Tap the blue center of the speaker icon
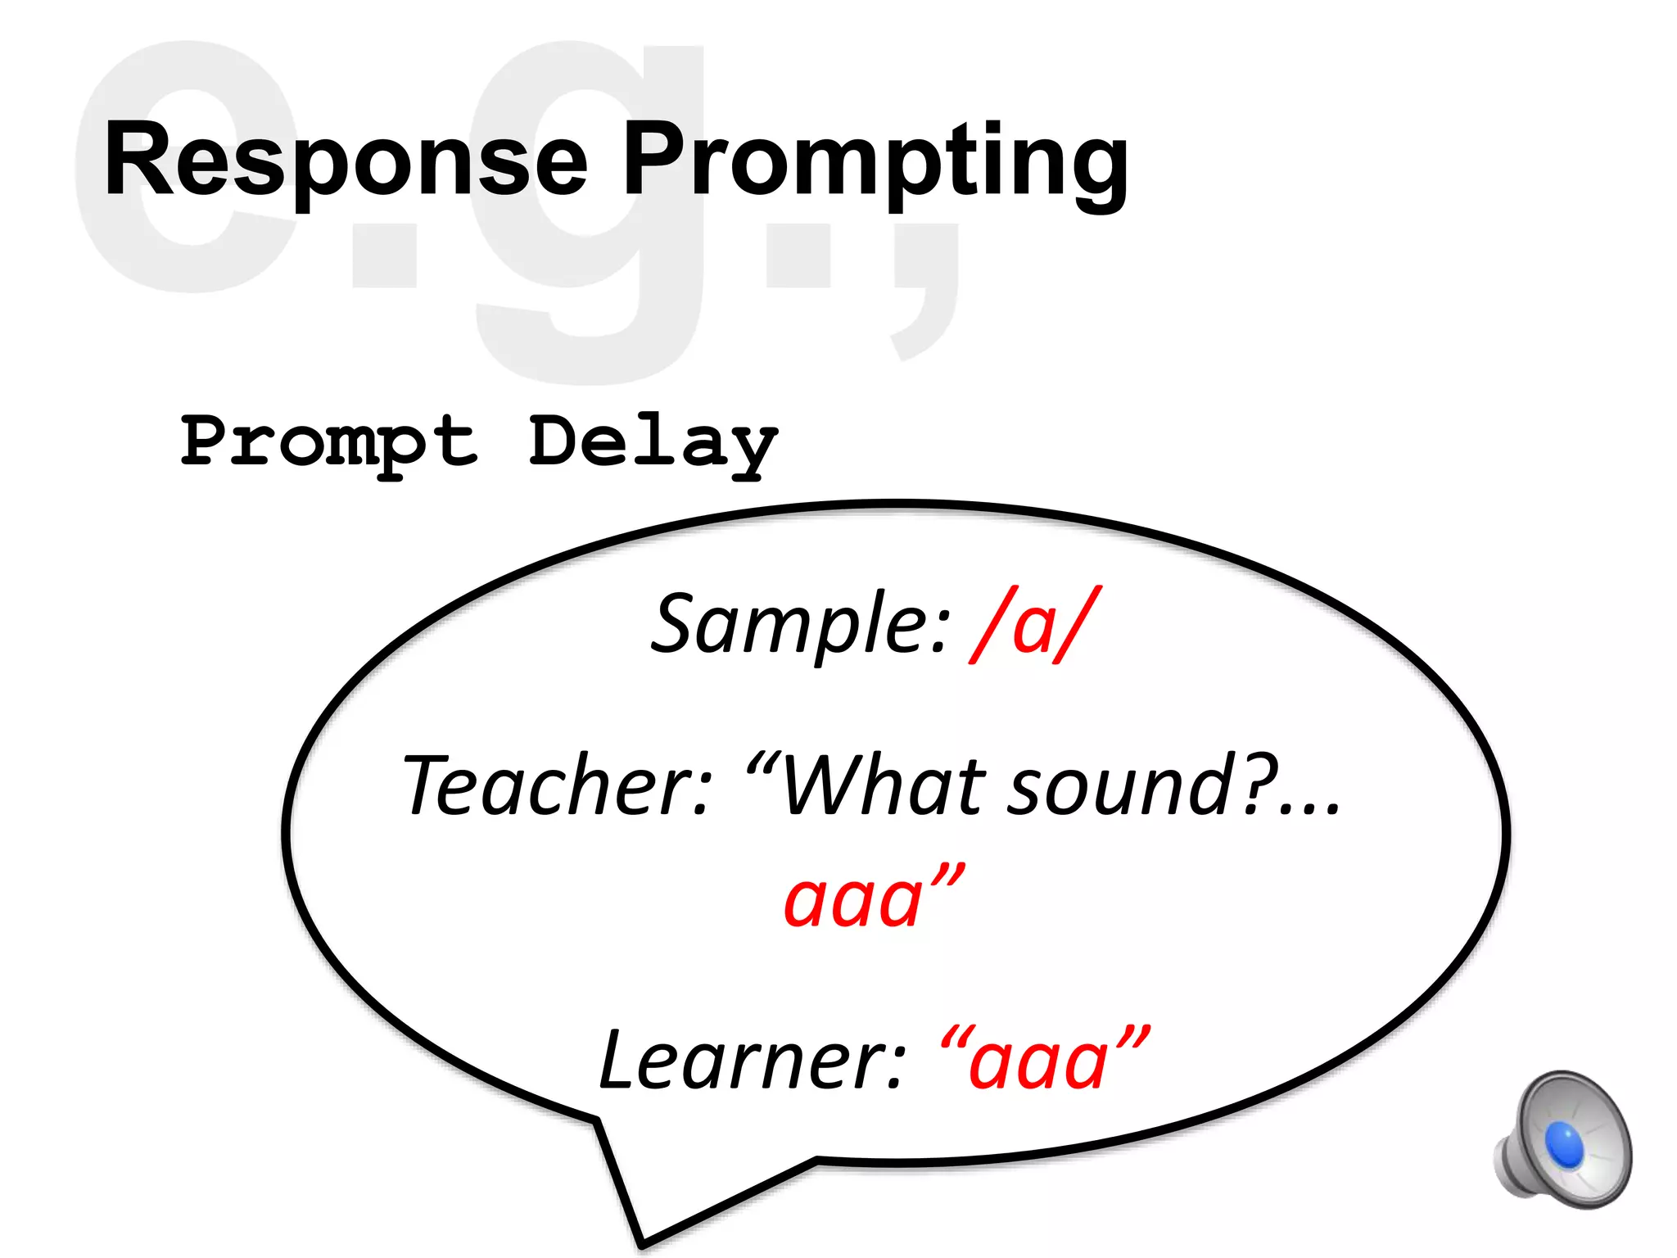[1564, 1143]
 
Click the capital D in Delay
[562, 441]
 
